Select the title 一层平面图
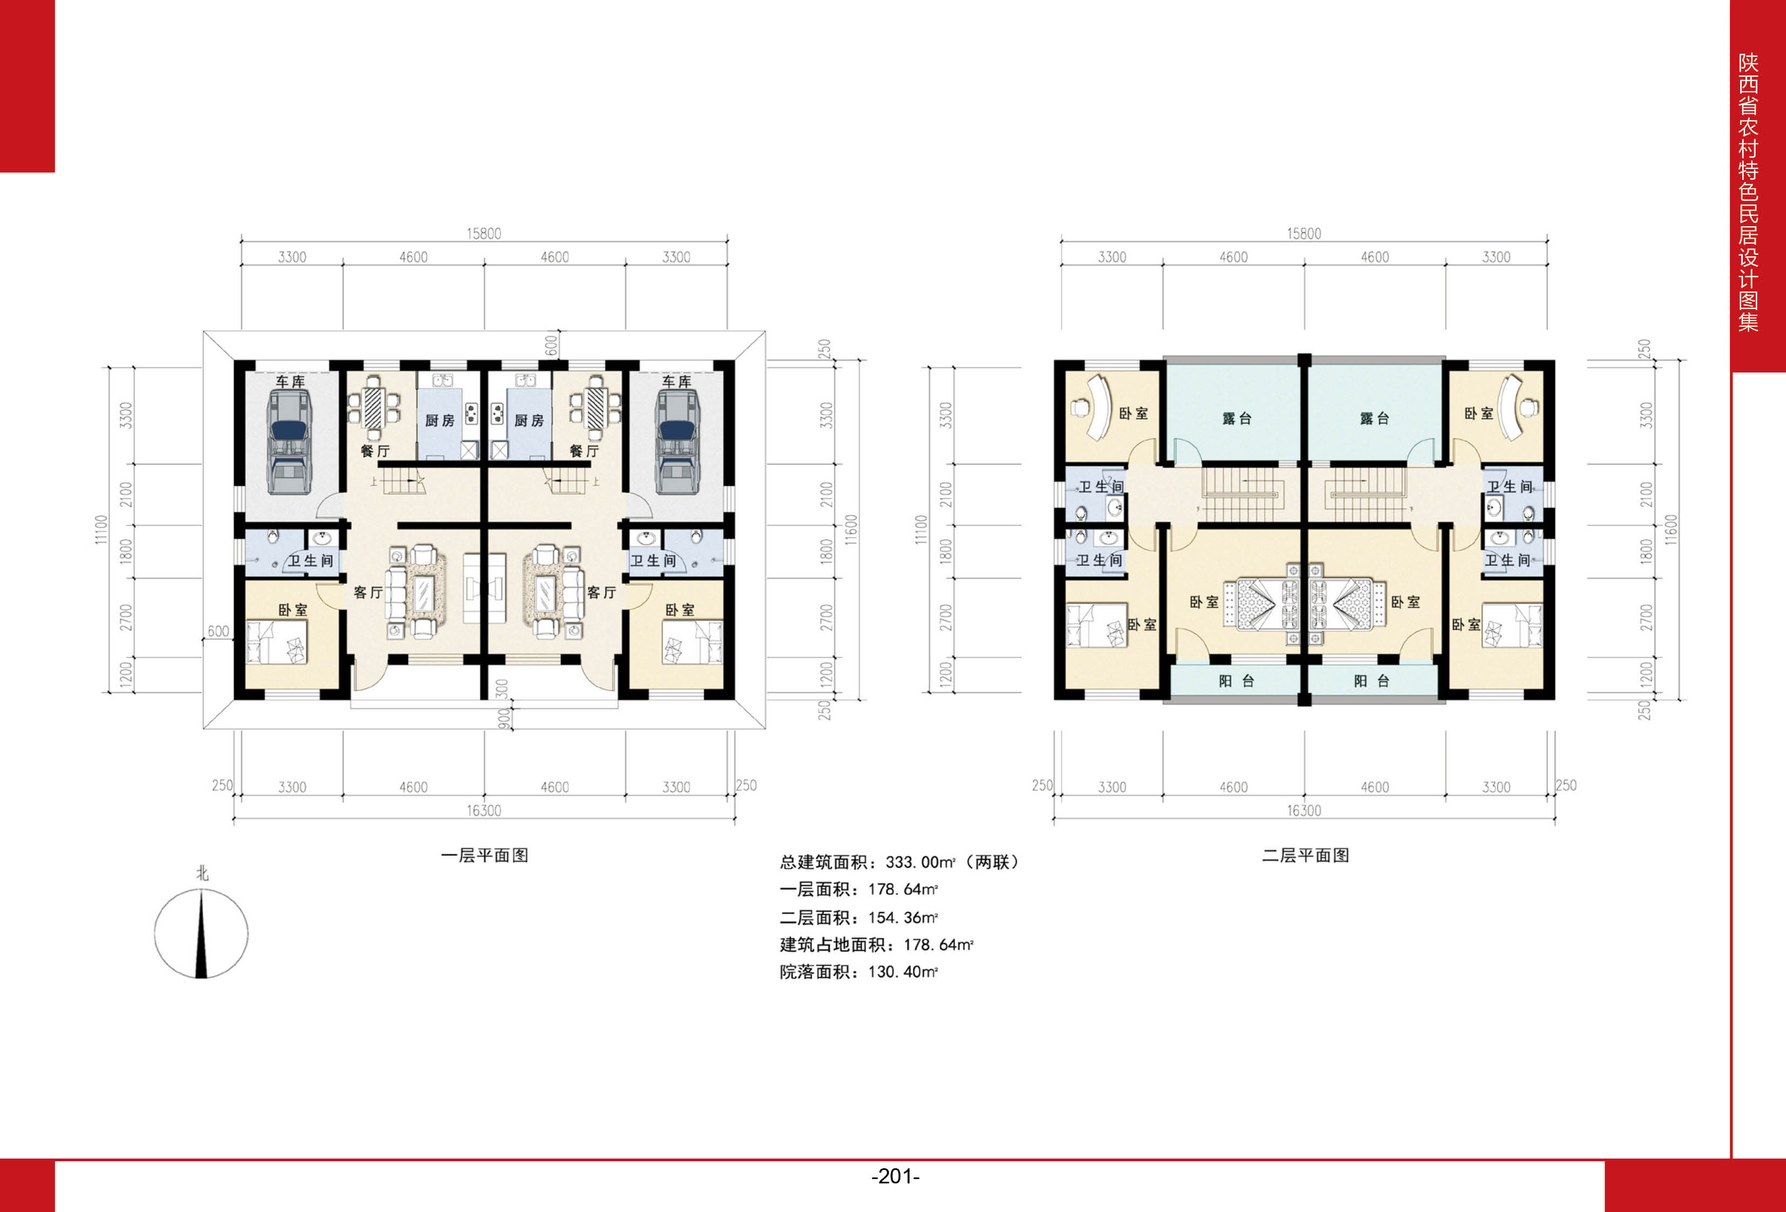pos(484,855)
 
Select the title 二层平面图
pos(1305,855)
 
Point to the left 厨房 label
pos(439,421)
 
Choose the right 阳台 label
pos(1372,681)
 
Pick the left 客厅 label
pos(368,593)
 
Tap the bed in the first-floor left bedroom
pos(276,642)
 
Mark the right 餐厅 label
pos(584,451)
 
